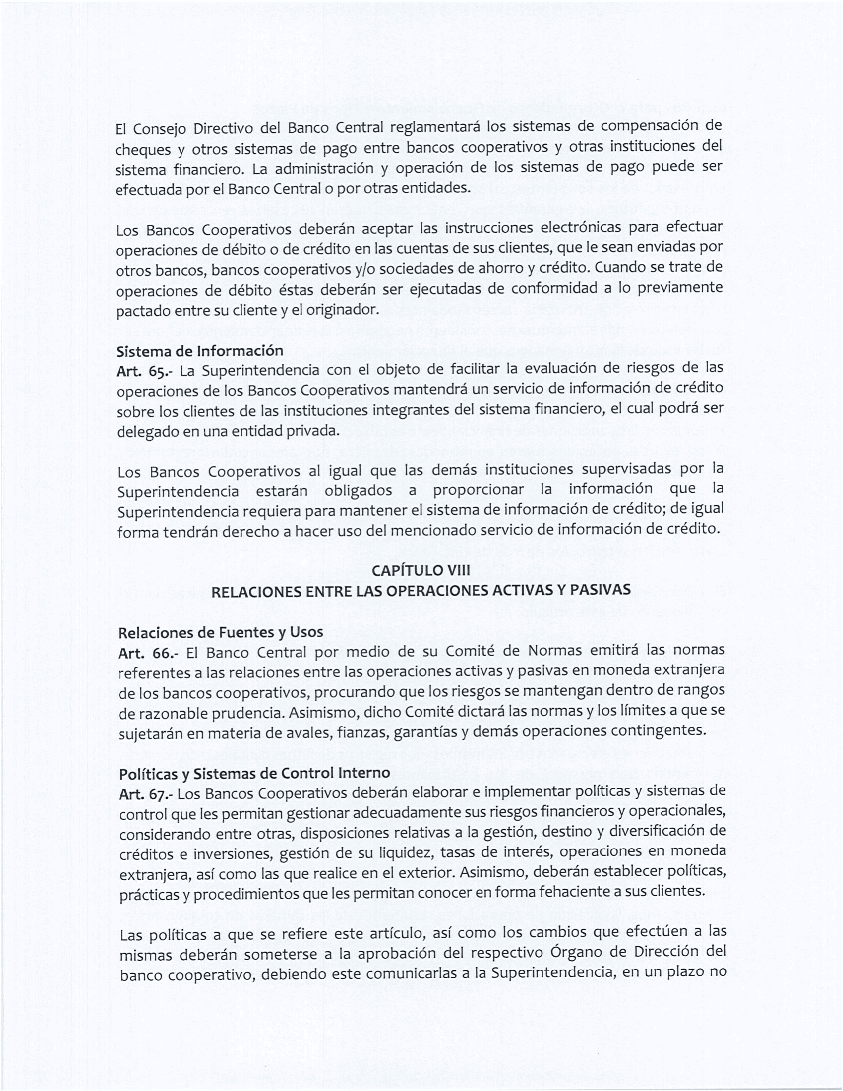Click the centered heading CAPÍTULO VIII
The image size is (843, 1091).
pos(421,570)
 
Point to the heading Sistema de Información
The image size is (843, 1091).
pos(200,351)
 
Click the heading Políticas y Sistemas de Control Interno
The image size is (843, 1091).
pos(255,774)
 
